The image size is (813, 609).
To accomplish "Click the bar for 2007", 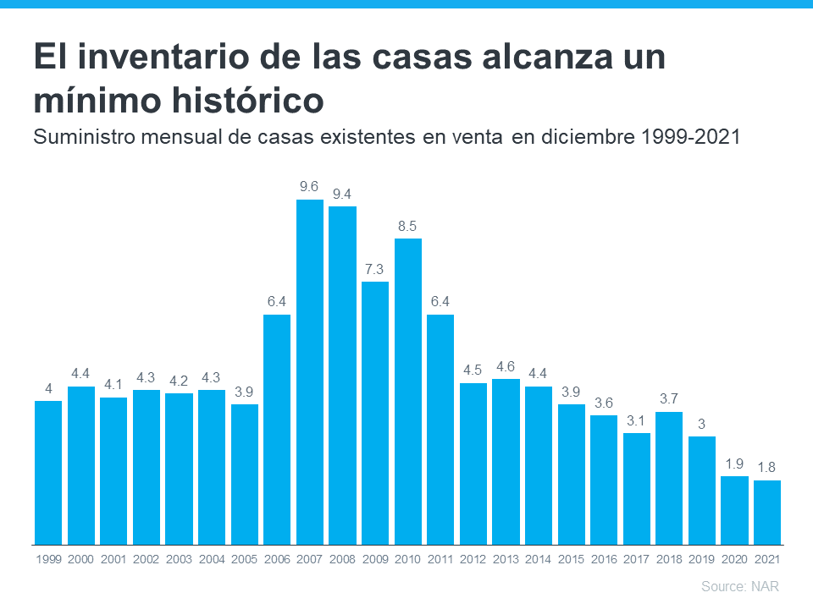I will pos(310,372).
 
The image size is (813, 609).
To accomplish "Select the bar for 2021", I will pos(766,513).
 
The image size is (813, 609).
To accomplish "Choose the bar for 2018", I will pos(669,478).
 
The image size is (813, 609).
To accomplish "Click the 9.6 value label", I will pos(310,186).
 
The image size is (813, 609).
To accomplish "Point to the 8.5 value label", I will pos(408,226).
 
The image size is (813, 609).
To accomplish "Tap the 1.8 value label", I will pos(766,467).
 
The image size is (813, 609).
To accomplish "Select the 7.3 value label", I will pos(375,269).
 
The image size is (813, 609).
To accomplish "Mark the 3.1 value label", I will pos(636,420).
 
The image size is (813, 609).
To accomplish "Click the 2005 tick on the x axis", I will pos(245,559).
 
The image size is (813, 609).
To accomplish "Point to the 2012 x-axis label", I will pos(473,559).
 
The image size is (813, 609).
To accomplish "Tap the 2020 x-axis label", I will pos(734,559).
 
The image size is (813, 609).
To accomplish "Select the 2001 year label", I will pos(113,559).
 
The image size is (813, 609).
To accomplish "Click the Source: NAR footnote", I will pos(739,586).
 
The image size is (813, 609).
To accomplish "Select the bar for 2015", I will pos(571,475).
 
